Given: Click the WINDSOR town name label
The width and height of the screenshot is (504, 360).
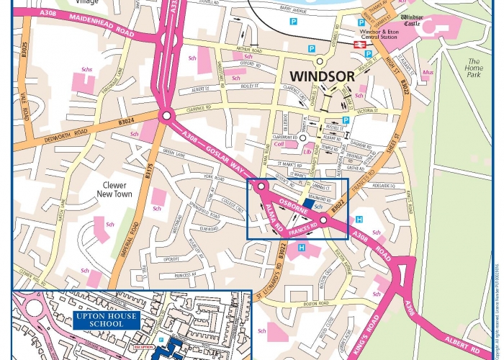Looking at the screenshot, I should click(323, 75).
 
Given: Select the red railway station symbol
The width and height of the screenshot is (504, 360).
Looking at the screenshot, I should click(359, 44).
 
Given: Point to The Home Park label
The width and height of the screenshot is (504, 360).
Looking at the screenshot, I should click(474, 68).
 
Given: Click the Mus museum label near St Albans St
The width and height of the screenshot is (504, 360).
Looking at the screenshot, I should click(427, 73).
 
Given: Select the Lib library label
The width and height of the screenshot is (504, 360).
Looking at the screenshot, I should click(307, 152).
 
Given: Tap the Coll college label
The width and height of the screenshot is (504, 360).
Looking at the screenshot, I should click(280, 143).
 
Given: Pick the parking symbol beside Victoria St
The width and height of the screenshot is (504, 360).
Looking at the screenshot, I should click(346, 120).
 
